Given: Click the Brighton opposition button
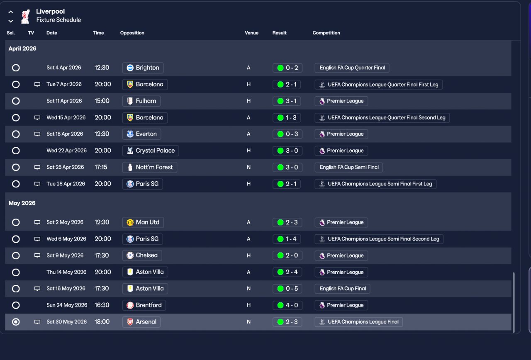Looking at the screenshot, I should click(x=143, y=68).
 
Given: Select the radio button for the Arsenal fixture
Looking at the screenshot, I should click(x=16, y=322).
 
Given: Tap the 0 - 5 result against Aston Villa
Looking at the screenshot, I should click(x=287, y=289).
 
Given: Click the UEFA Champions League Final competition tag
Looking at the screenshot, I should click(x=358, y=322).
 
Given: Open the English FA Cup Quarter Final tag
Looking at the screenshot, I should click(x=352, y=68).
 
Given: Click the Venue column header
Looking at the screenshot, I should click(x=251, y=33).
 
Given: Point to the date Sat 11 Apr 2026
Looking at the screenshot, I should click(x=64, y=101).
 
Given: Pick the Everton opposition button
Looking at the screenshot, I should click(x=141, y=134).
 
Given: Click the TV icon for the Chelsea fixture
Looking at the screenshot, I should click(x=37, y=255).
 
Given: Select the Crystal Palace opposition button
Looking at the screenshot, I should click(x=151, y=151).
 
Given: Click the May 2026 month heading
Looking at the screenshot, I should click(x=22, y=203).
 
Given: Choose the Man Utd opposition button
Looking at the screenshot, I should click(x=143, y=222).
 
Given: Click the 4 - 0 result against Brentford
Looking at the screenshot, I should click(x=287, y=305).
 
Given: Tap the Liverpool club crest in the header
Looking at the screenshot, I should click(x=26, y=16).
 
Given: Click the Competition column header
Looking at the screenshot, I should click(x=326, y=33).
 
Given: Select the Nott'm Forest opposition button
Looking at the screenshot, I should click(x=150, y=167).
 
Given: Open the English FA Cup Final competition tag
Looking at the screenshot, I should click(x=342, y=289).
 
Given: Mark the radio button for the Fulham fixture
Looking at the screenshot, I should click(x=16, y=101).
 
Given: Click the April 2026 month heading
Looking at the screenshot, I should click(x=22, y=49).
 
